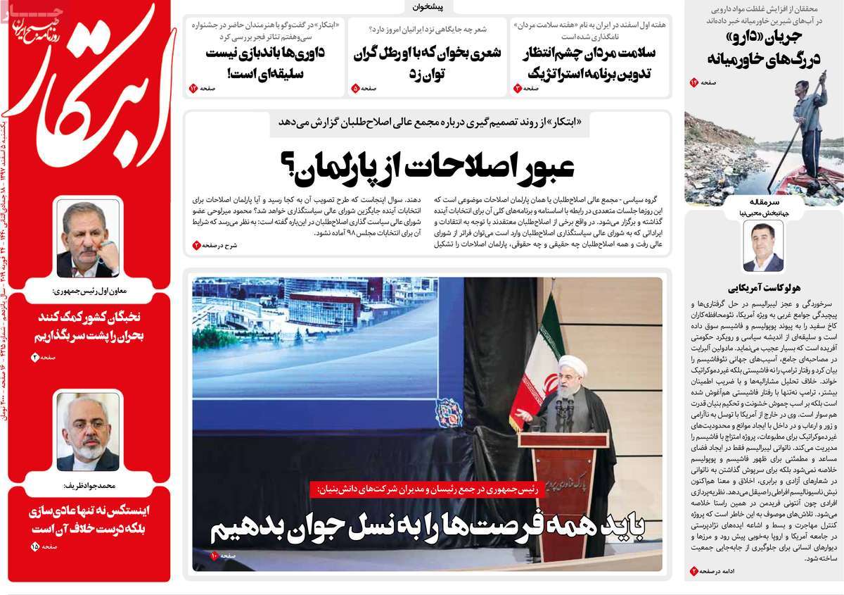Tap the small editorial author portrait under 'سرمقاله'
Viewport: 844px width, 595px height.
763,246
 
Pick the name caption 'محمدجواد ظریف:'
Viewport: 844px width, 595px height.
88,484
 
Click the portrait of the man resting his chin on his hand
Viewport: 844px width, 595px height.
88,239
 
